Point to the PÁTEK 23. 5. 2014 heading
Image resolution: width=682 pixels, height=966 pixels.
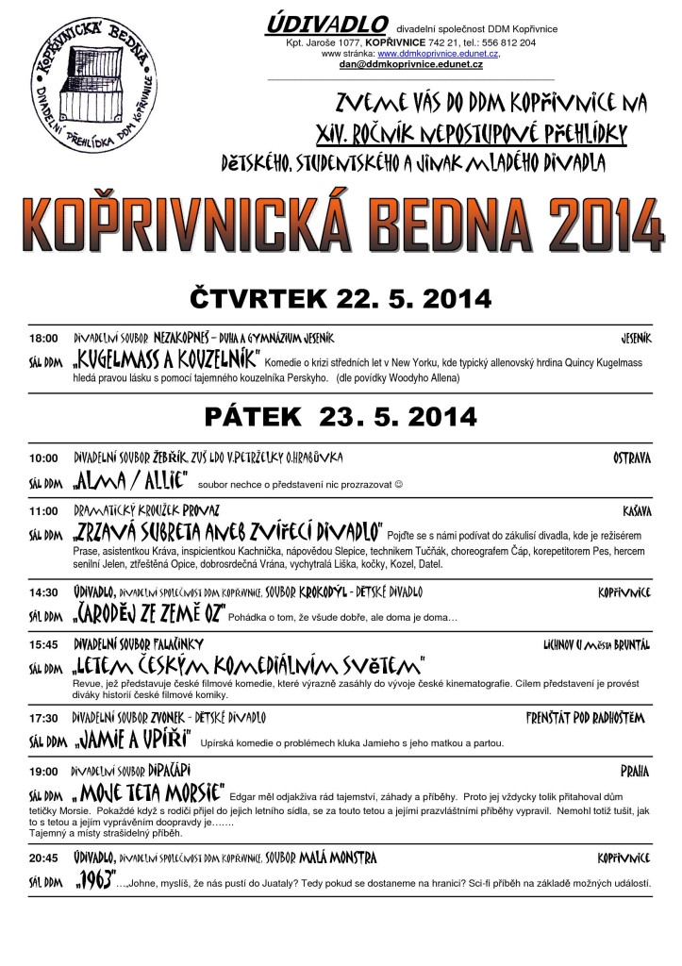[341, 414]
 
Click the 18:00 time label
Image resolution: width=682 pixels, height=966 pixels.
[43, 338]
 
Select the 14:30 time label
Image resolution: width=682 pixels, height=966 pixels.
[43, 592]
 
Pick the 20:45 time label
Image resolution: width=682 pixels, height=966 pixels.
[43, 858]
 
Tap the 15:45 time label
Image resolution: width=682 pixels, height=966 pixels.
[43, 643]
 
